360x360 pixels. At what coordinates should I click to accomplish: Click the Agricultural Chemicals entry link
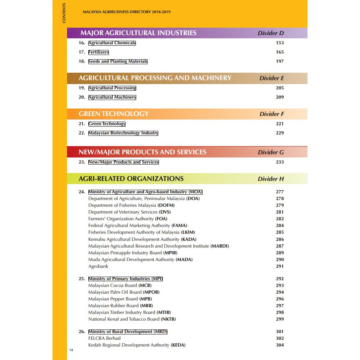click(112, 43)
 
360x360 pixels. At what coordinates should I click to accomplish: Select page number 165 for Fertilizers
click(279, 52)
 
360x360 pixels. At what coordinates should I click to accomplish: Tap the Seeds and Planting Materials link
click(118, 61)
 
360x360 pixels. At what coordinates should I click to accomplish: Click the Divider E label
click(271, 78)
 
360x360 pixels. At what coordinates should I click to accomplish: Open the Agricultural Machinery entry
click(112, 97)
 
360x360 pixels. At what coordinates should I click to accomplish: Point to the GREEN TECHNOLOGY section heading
click(113, 114)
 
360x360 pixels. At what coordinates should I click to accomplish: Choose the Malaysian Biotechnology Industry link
click(123, 133)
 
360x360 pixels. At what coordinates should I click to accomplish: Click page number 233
click(279, 162)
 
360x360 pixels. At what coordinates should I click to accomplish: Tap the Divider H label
click(271, 179)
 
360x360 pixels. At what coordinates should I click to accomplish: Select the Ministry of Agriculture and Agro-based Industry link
click(145, 192)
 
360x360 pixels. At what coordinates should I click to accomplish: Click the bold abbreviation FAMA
click(179, 226)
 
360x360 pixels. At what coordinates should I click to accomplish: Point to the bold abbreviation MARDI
click(220, 246)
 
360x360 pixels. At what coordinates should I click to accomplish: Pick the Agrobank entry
click(98, 266)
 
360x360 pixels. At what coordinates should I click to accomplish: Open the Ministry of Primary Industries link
click(126, 279)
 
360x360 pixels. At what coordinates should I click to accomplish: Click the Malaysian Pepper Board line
click(120, 299)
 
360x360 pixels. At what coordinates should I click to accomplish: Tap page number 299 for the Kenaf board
click(279, 319)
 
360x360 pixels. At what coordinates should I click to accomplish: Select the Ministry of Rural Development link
click(128, 332)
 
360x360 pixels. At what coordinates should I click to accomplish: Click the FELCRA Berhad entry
click(104, 338)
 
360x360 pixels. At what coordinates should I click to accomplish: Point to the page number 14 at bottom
click(71, 350)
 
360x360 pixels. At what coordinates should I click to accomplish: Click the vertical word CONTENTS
click(64, 13)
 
